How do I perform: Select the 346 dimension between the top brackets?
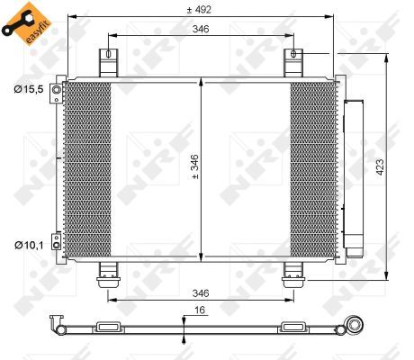coord(201,30)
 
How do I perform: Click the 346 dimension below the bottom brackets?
coord(201,293)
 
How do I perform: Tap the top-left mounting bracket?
coord(108,63)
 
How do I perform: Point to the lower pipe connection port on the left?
coord(56,241)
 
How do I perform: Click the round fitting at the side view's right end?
coord(357,326)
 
